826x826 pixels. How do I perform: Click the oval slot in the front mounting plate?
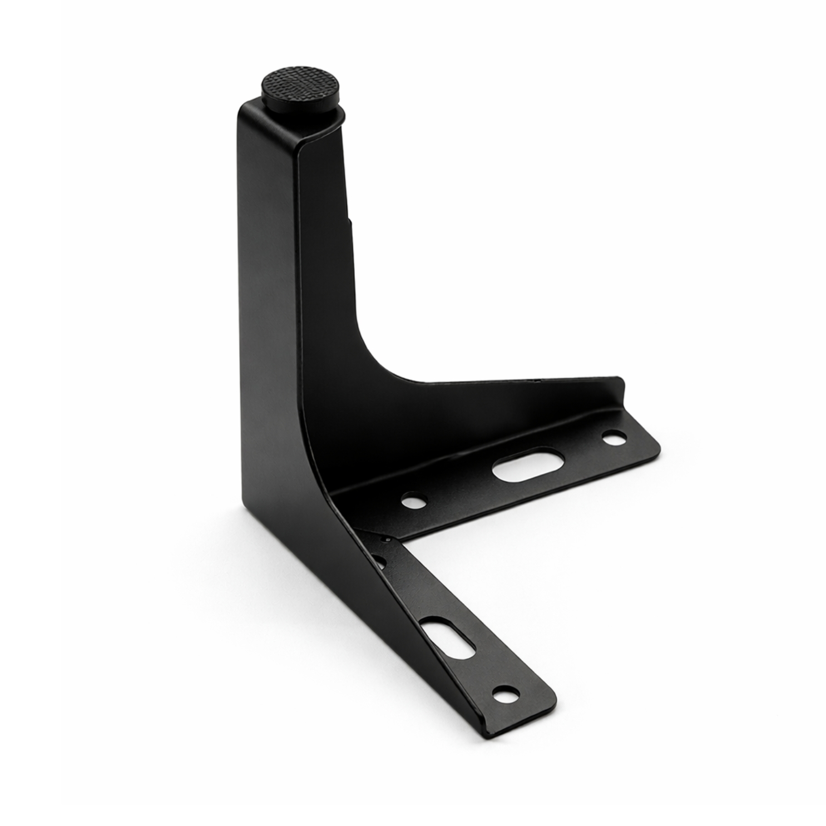click(x=448, y=640)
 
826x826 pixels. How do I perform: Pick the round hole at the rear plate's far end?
click(x=613, y=438)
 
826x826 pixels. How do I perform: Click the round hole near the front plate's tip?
click(x=504, y=694)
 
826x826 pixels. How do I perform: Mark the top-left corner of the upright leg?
click(x=240, y=106)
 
